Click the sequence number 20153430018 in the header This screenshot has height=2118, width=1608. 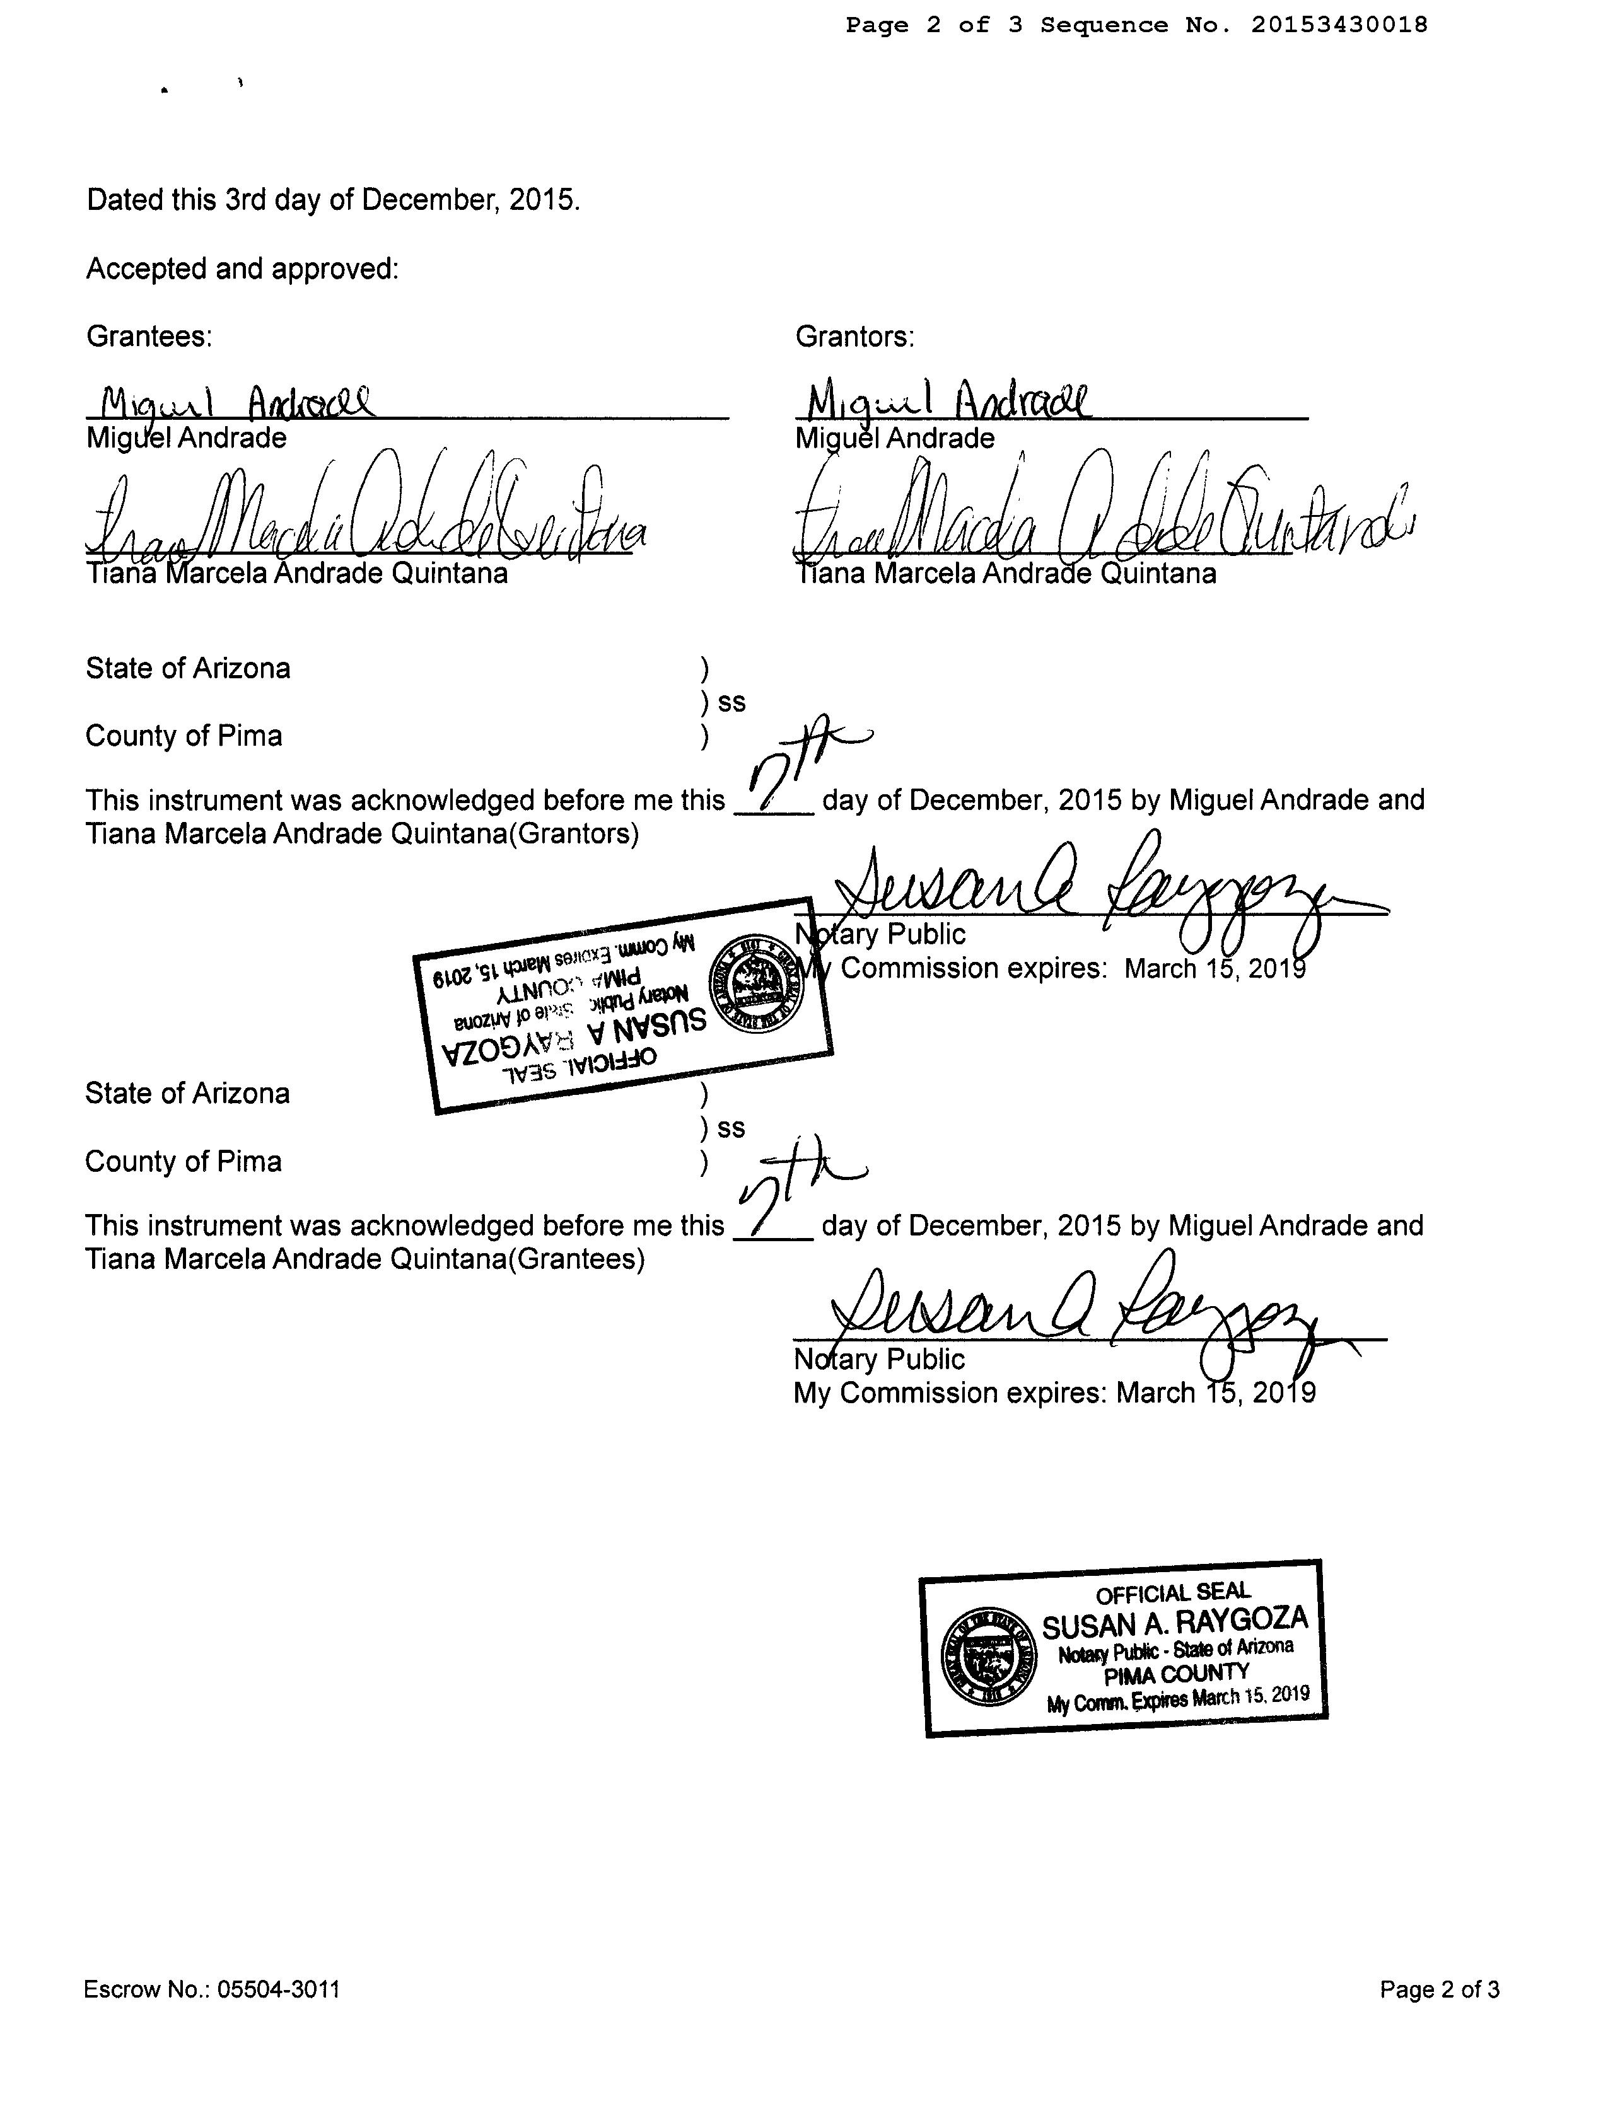coord(1338,25)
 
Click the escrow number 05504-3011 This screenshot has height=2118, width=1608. coord(277,1989)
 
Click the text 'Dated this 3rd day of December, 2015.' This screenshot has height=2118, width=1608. coord(334,199)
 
